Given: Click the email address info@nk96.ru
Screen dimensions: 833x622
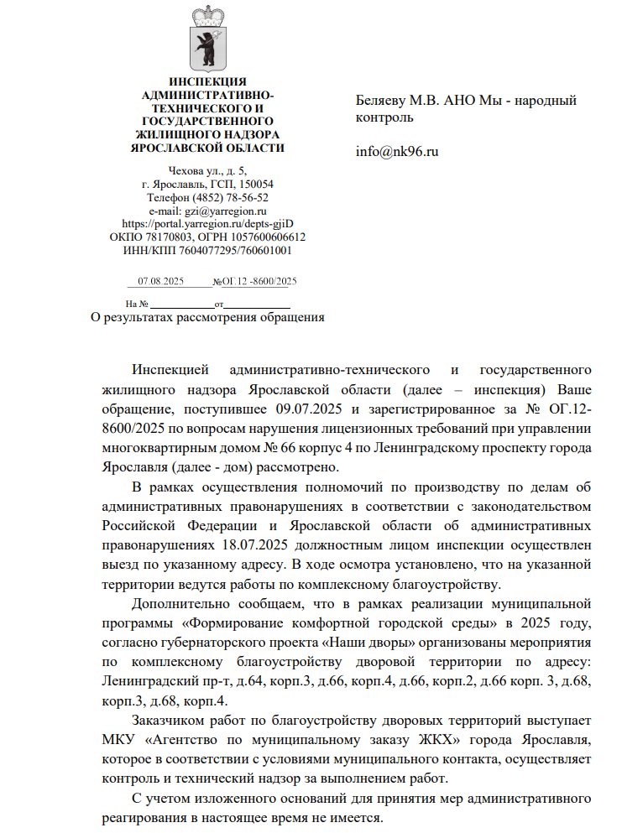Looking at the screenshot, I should [397, 152].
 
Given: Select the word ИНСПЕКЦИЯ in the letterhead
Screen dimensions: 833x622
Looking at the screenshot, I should [207, 81].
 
